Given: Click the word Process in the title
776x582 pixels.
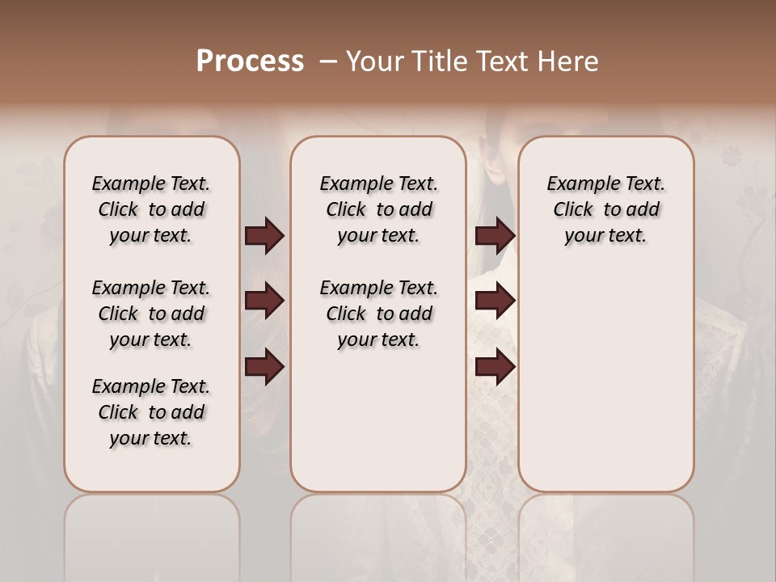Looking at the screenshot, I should [250, 61].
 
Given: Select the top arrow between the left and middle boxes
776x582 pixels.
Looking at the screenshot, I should [264, 236].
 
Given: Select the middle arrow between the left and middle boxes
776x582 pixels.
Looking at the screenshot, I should [264, 302].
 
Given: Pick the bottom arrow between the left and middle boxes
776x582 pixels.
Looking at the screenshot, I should [264, 368].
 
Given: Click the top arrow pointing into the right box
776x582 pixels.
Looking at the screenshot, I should [495, 236].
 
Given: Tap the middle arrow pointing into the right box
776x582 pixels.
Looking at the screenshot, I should [495, 302].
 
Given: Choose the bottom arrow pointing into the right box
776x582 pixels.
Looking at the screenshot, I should [495, 368].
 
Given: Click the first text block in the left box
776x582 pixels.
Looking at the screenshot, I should [151, 209].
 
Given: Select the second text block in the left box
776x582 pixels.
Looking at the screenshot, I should [151, 314].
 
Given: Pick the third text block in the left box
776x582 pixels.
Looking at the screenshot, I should [151, 412].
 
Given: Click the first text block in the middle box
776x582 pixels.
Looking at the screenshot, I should [378, 209].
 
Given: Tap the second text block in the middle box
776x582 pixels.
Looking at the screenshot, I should [378, 314].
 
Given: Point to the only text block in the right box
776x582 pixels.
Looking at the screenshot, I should [605, 209].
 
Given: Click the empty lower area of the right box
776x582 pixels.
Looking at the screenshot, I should [605, 388].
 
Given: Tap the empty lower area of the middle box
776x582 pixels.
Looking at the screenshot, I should [378, 420].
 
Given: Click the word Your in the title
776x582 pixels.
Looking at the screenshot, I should [374, 61].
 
